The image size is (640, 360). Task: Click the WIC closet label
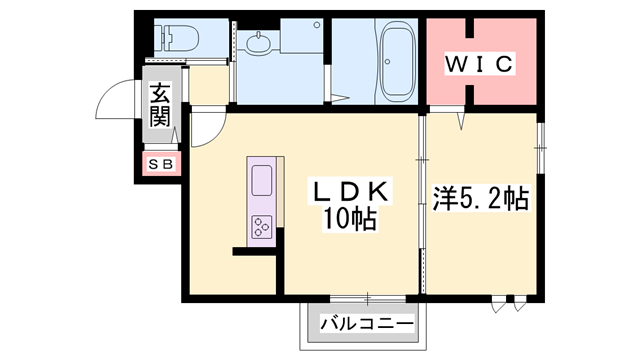(479, 64)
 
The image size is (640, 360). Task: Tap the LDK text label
(350, 191)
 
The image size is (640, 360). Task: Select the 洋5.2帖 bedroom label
(481, 199)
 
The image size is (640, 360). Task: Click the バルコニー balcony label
(367, 324)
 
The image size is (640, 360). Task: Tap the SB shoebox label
(161, 164)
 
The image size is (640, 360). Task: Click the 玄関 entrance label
(160, 104)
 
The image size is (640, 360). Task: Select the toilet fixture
(177, 38)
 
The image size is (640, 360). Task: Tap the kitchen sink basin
(262, 180)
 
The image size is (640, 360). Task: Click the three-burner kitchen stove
(262, 227)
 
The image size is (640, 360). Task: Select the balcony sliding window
(368, 299)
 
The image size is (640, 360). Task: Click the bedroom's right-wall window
(540, 148)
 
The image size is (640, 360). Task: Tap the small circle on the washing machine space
(317, 25)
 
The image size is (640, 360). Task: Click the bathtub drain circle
(387, 62)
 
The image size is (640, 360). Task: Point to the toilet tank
(162, 38)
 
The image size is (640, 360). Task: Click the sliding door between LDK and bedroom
(422, 204)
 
